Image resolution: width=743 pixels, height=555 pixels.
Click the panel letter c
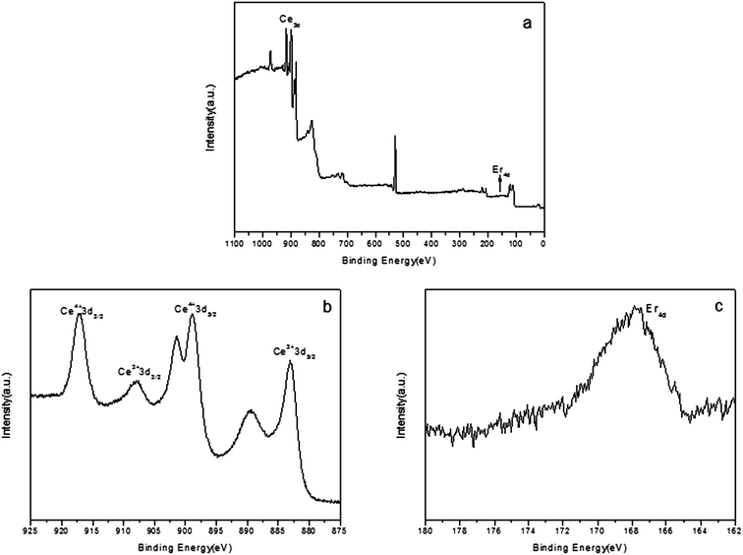[x=718, y=306]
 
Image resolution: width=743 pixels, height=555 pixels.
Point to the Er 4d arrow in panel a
[x=499, y=182]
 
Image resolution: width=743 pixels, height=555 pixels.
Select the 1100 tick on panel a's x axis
[x=234, y=241]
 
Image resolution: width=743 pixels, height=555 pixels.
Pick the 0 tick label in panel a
[x=543, y=241]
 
